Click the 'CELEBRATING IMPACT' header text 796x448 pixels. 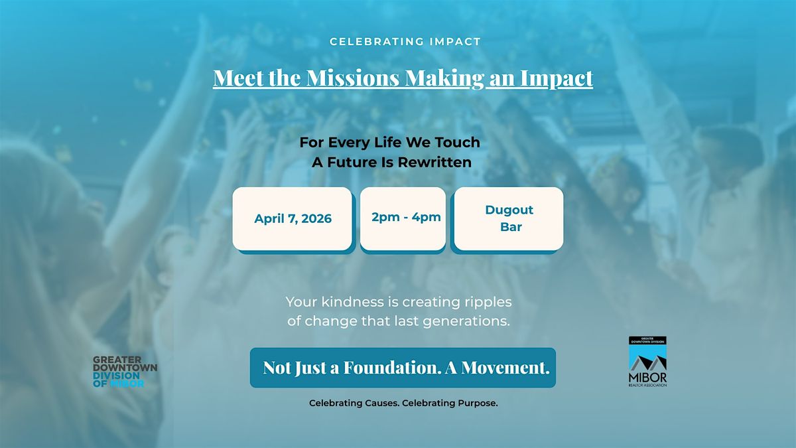[405, 42]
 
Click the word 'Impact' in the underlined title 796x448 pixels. [557, 78]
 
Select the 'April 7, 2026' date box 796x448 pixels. [292, 218]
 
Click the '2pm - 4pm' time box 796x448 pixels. [403, 218]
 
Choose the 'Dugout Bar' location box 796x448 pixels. [509, 218]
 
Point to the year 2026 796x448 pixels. [316, 218]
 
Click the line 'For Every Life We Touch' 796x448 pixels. [389, 142]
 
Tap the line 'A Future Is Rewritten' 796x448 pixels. [391, 163]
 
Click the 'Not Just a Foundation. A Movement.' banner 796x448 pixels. [403, 368]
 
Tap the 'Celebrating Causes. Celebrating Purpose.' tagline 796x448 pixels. [403, 404]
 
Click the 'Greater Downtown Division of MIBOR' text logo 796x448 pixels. [125, 372]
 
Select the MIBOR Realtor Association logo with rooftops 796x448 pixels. [647, 362]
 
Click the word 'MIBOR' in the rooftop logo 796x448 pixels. [647, 378]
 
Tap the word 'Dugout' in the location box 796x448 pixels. [509, 210]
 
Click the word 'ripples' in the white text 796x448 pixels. [488, 303]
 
